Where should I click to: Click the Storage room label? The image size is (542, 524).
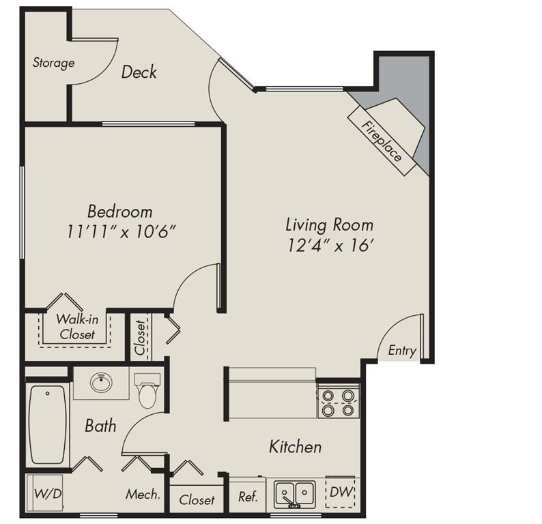tap(53, 63)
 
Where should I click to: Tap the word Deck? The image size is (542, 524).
tap(139, 72)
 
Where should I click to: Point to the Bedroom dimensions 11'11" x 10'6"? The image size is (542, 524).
tap(122, 231)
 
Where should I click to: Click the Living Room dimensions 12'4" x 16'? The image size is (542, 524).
tap(329, 245)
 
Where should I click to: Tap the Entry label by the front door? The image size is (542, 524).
tap(402, 351)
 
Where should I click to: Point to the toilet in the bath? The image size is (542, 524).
tap(147, 392)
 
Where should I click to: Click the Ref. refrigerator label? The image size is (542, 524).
tap(247, 497)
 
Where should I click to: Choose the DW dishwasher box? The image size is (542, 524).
tap(340, 491)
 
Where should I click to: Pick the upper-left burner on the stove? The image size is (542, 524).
tap(328, 395)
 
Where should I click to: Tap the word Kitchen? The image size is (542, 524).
tap(295, 447)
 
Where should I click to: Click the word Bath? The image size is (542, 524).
tap(100, 426)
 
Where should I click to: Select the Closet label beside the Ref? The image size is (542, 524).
tap(197, 500)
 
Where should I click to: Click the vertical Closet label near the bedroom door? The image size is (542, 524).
tap(140, 338)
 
